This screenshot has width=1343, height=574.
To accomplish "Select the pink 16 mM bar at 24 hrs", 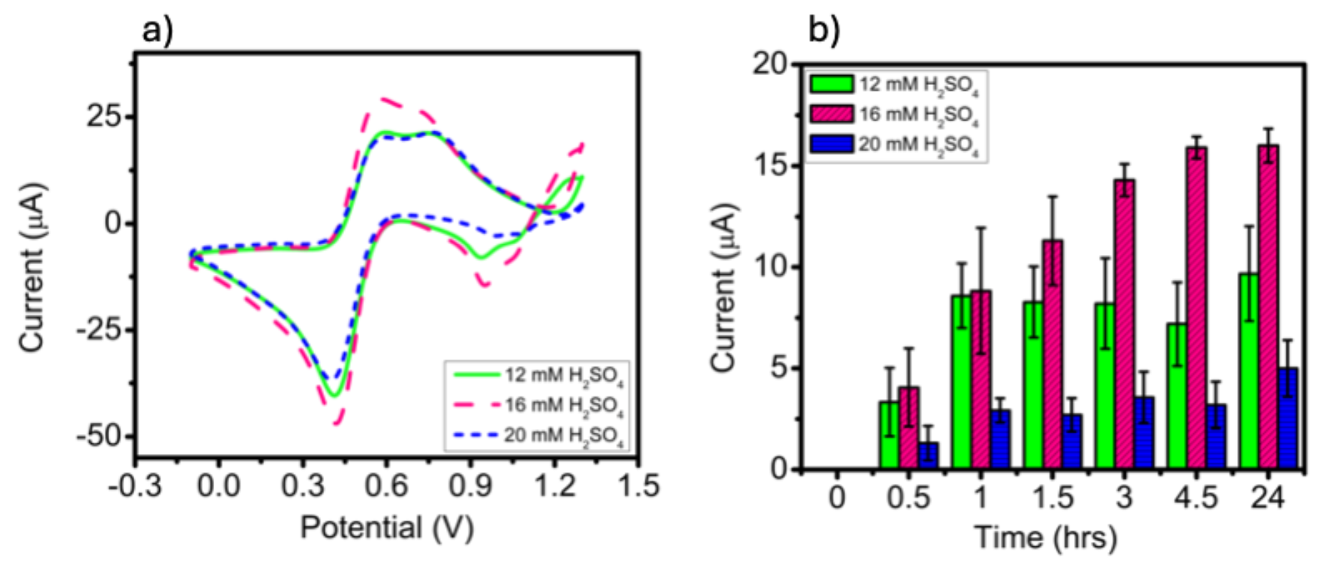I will pyautogui.click(x=1268, y=307).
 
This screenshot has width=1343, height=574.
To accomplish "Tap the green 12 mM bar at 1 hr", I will pyautogui.click(x=961, y=382).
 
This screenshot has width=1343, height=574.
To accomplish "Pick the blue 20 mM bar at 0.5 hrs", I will pyautogui.click(x=927, y=455).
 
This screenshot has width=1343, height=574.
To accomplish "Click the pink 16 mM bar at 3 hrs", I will pyautogui.click(x=1124, y=325).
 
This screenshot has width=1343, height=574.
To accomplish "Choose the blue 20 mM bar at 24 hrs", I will pyautogui.click(x=1287, y=418).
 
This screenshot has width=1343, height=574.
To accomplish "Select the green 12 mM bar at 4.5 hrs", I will pyautogui.click(x=1177, y=396).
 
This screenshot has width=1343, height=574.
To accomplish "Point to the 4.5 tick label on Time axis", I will pyautogui.click(x=1196, y=498).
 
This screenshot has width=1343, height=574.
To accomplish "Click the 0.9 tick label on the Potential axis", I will pyautogui.click(x=472, y=486).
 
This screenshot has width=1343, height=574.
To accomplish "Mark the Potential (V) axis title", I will pyautogui.click(x=386, y=528).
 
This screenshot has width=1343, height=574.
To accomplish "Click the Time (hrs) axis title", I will pyautogui.click(x=1045, y=537).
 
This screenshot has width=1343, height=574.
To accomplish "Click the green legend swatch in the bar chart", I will pyautogui.click(x=832, y=84).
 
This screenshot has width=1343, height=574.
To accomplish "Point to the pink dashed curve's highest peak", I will pyautogui.click(x=386, y=99).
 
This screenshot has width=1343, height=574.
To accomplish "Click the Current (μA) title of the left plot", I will pyautogui.click(x=33, y=268).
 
